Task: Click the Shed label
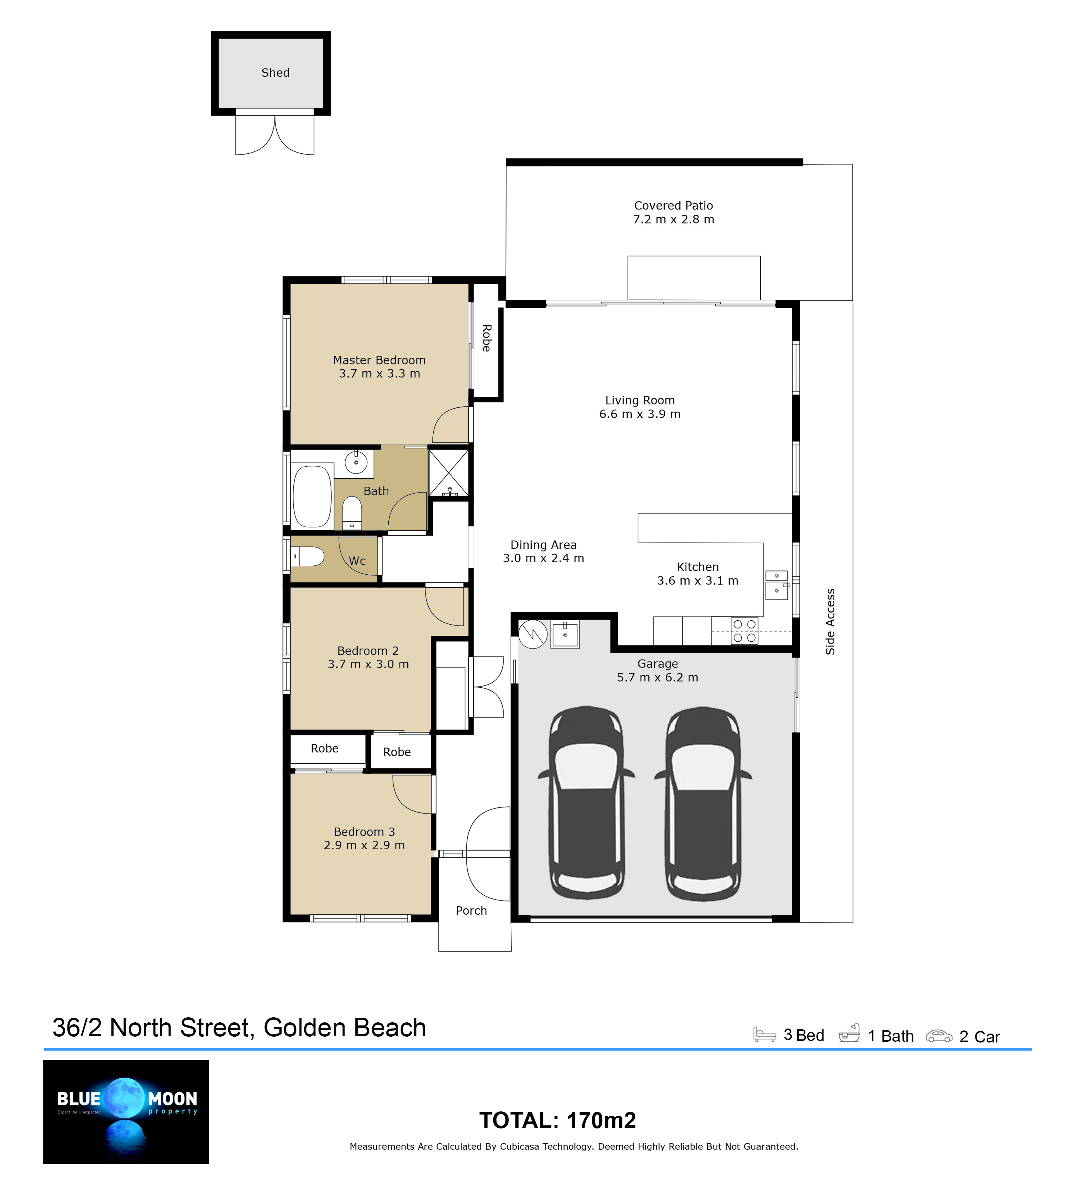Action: click(x=275, y=72)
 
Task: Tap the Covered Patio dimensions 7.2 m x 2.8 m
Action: click(x=674, y=219)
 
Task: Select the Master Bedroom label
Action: click(x=379, y=360)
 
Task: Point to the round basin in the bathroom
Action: click(x=356, y=462)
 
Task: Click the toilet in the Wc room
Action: click(x=308, y=556)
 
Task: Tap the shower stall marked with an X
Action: click(x=448, y=472)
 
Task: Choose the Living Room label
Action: click(x=640, y=400)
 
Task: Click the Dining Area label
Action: click(x=543, y=545)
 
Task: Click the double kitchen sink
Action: click(x=777, y=584)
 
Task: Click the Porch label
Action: click(x=471, y=910)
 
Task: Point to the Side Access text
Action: click(x=830, y=622)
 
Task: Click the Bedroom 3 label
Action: click(x=364, y=831)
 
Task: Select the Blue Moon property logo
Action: click(x=126, y=1112)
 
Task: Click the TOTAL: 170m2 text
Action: click(x=557, y=1120)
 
